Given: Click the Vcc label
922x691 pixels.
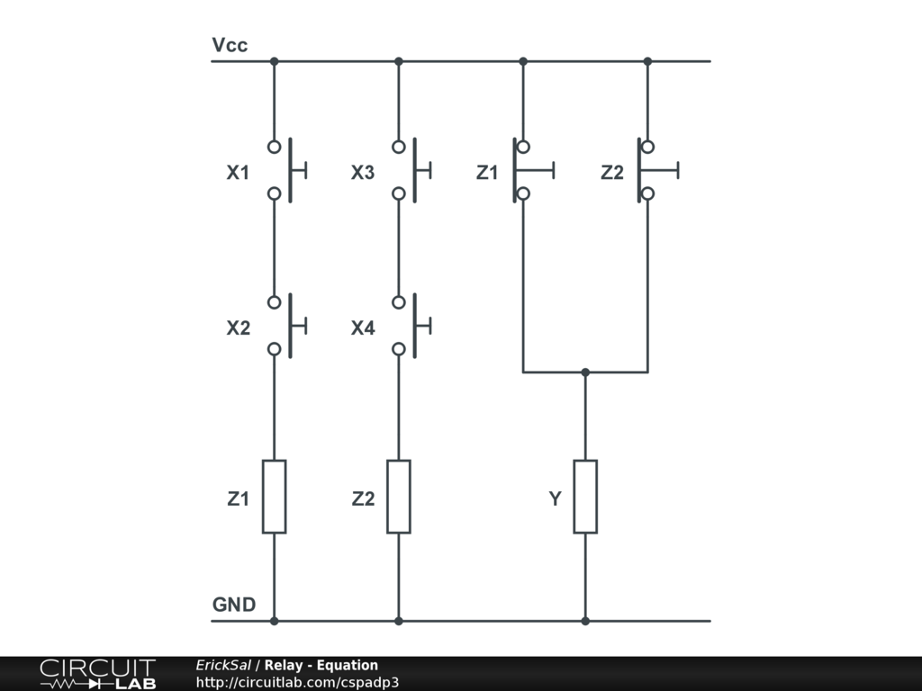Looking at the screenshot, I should (x=230, y=45).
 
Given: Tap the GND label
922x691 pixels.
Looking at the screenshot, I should (x=233, y=605).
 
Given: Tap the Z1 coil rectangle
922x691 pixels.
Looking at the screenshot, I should (x=274, y=497).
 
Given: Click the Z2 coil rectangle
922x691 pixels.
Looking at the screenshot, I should (x=398, y=497).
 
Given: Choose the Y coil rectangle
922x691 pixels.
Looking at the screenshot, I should (x=585, y=497).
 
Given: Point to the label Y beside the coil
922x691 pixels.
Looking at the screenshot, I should (x=556, y=498).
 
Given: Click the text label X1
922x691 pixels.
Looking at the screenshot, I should (x=238, y=173).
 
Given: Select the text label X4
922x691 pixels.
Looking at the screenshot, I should (x=363, y=328).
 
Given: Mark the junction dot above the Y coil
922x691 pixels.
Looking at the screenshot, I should (x=585, y=372).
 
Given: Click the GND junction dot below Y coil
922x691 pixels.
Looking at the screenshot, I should (x=585, y=621).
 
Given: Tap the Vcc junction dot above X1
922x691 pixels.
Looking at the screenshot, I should (x=274, y=61).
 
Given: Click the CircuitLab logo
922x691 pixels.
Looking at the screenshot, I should (x=97, y=674).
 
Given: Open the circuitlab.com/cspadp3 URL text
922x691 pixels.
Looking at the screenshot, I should (x=297, y=682).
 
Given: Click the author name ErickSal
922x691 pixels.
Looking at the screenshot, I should (x=223, y=665).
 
